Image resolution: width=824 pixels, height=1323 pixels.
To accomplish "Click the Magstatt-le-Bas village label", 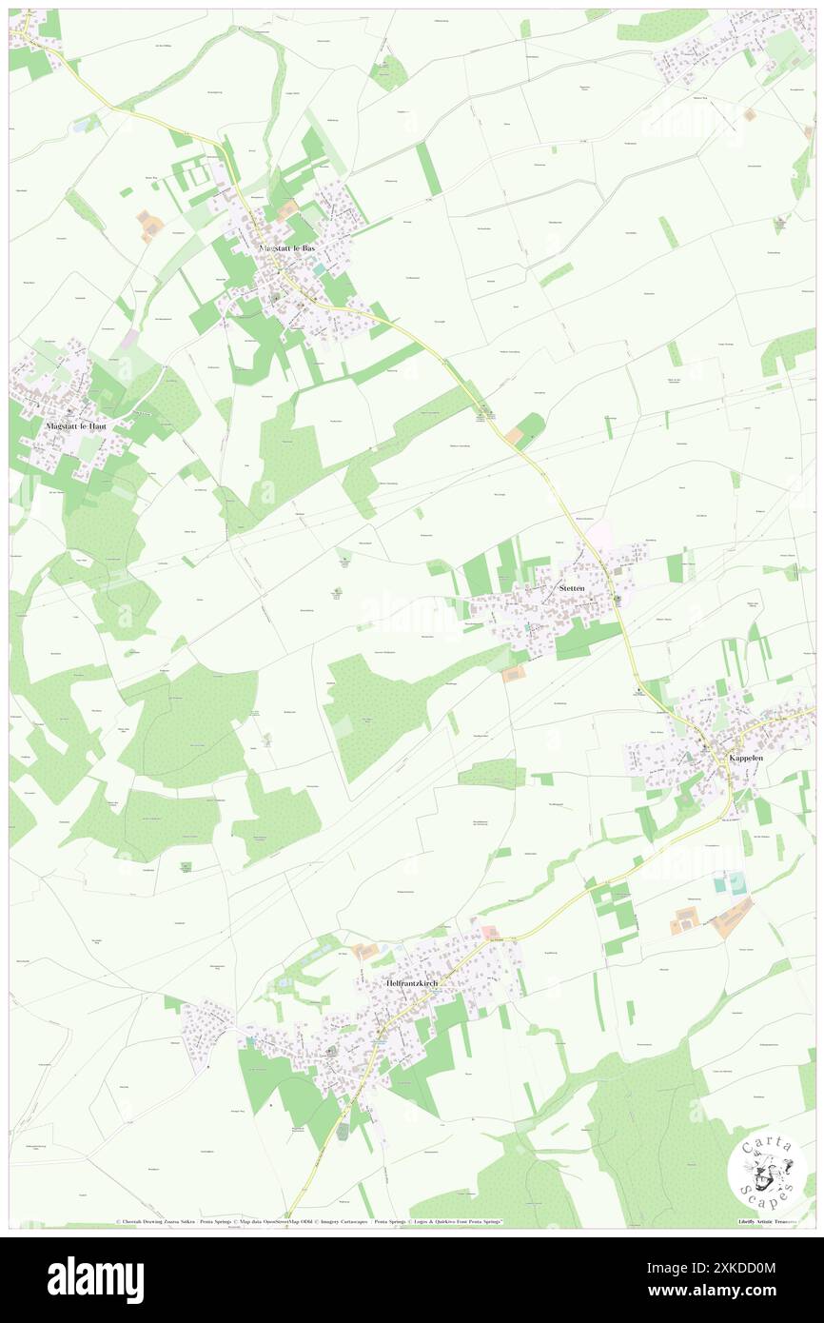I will click(286, 247).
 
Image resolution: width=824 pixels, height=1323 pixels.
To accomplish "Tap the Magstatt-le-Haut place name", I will click(76, 426).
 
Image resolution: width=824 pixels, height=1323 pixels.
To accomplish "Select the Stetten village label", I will click(572, 589).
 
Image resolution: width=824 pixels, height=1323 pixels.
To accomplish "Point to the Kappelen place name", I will click(745, 758).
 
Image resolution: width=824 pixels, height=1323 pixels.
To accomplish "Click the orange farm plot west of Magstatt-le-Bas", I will click(150, 226).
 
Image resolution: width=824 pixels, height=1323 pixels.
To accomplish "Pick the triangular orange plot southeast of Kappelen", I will click(734, 917).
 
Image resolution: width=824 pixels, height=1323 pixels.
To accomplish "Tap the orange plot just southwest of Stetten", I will click(514, 674).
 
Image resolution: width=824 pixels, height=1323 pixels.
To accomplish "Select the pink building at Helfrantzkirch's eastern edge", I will click(487, 931).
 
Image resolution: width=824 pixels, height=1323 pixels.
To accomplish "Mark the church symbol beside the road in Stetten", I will click(617, 600).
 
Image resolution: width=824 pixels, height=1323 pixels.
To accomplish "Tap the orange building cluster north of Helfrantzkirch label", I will click(363, 951).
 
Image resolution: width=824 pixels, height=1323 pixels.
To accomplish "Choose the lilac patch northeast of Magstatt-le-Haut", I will click(130, 339).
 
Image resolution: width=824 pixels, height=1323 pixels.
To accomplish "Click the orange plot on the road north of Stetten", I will click(514, 435).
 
